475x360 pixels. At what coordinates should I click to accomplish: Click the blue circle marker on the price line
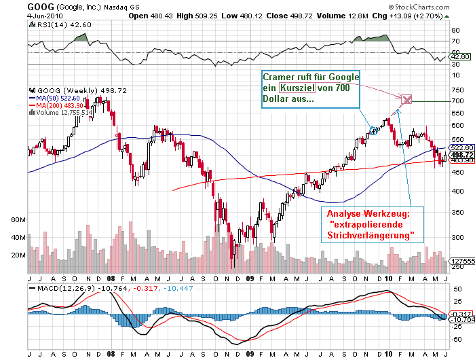[373, 130]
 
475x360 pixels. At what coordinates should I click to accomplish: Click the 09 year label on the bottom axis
[250, 277]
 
